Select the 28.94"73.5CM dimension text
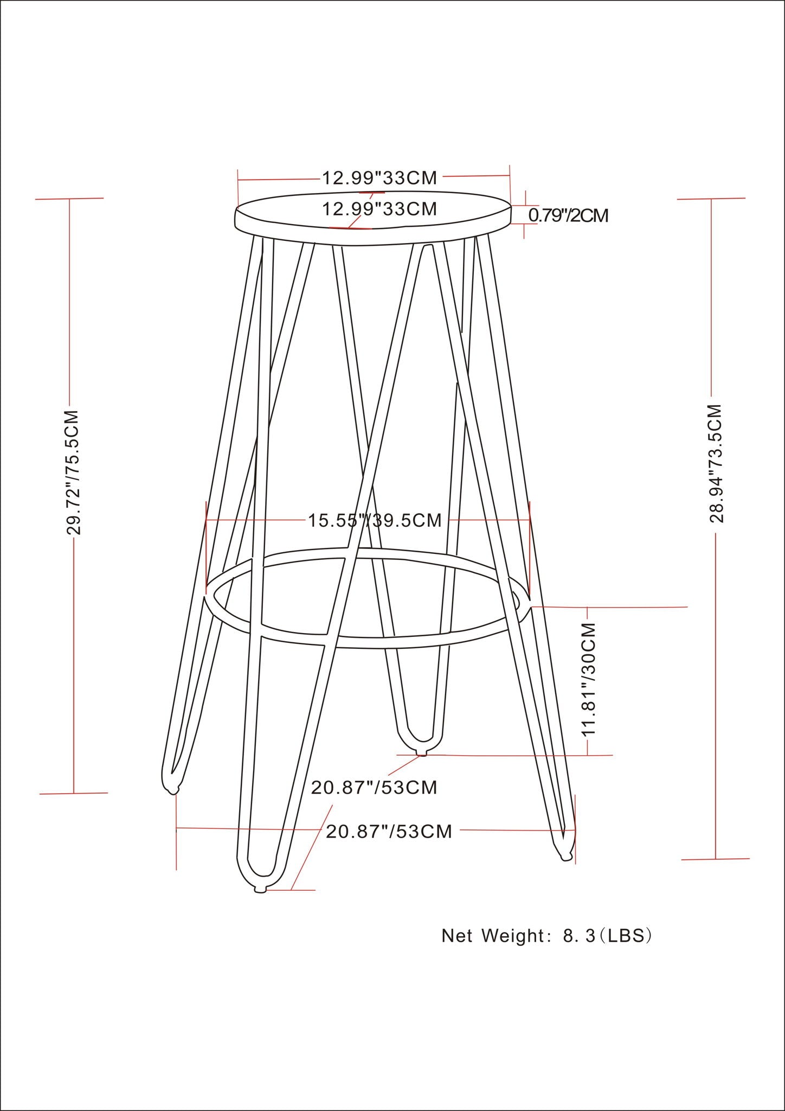(717, 464)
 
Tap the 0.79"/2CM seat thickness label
(568, 215)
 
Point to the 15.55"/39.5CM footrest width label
(375, 520)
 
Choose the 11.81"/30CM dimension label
(589, 679)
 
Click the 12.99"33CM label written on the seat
(379, 209)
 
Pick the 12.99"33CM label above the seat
(379, 177)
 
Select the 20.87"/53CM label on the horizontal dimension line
(389, 832)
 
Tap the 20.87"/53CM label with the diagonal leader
(374, 787)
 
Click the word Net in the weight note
(457, 936)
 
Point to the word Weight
(512, 936)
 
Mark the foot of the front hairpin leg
(260, 889)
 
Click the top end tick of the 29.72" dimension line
(69, 199)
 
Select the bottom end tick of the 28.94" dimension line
(716, 859)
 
